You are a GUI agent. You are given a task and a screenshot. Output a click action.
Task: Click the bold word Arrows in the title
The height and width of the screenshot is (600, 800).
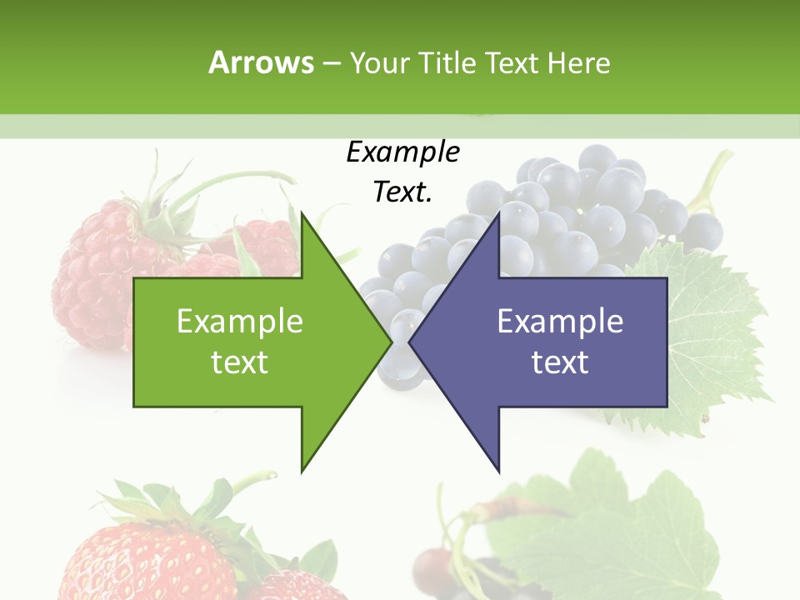point(261,62)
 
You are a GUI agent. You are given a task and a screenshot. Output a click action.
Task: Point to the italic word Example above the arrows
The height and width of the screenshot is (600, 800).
point(402,152)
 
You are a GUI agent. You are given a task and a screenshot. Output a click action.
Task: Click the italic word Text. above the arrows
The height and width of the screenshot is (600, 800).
point(402,192)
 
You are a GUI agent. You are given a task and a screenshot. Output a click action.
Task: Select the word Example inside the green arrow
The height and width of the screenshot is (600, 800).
point(239,321)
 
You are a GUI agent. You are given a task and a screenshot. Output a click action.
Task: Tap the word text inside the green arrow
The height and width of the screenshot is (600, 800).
point(239,362)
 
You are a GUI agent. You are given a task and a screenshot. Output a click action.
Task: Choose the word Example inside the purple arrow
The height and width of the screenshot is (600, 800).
point(560,321)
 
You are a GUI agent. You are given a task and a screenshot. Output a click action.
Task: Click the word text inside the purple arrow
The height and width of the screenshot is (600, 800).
point(560,362)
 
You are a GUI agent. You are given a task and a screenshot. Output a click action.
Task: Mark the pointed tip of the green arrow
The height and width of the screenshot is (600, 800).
point(392,342)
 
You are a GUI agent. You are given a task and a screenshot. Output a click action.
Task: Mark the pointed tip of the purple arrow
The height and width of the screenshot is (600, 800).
point(410,342)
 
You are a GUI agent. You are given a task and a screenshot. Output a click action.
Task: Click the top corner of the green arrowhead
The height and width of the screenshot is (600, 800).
point(302,213)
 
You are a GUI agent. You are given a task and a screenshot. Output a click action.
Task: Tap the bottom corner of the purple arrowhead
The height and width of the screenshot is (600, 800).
point(498,471)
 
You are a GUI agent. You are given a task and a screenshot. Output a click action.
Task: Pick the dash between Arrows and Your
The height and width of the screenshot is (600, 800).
point(330,63)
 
